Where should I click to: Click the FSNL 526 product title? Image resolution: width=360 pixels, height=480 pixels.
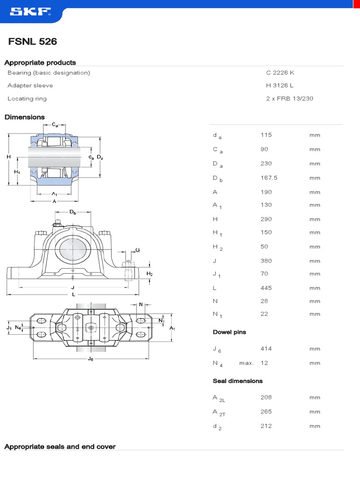(x=33, y=42)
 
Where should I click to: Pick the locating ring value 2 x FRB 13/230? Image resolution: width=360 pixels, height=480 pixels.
(x=289, y=98)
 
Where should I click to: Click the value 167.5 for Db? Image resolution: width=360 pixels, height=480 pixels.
(x=269, y=178)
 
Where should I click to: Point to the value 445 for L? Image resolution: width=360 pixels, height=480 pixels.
(x=266, y=288)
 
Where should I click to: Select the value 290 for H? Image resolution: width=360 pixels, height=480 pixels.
(x=266, y=219)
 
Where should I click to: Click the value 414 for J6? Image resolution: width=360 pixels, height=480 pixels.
(x=266, y=349)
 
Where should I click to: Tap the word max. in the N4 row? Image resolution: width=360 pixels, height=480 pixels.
(x=246, y=363)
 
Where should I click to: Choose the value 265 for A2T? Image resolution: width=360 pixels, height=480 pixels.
(x=266, y=412)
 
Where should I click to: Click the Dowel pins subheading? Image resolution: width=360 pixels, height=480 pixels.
(x=229, y=332)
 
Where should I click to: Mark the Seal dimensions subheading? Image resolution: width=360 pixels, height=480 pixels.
(x=238, y=381)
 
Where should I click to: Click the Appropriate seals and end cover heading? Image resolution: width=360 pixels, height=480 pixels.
(x=60, y=447)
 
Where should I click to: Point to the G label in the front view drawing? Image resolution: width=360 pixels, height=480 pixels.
(x=137, y=250)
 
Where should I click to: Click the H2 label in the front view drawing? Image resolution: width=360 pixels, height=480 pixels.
(x=150, y=274)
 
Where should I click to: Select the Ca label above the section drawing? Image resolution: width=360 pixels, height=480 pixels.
(x=55, y=125)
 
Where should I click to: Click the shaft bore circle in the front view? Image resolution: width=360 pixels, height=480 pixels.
(x=73, y=247)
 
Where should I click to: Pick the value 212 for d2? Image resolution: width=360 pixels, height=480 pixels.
(x=266, y=426)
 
